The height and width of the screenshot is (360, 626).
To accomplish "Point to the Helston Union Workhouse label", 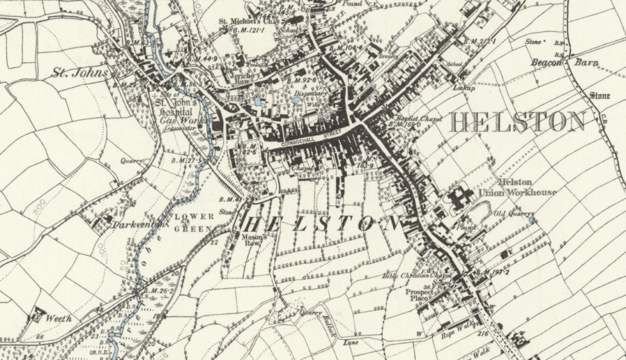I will [x=528, y=187].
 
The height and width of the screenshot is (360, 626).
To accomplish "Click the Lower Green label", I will [x=196, y=222].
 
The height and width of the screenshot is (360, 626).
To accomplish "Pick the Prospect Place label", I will [x=419, y=296].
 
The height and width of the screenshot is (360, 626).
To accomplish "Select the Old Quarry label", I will [x=509, y=214].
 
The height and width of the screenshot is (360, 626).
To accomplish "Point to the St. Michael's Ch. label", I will [x=245, y=21].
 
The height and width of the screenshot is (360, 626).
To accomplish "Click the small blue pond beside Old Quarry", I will [x=532, y=219].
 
